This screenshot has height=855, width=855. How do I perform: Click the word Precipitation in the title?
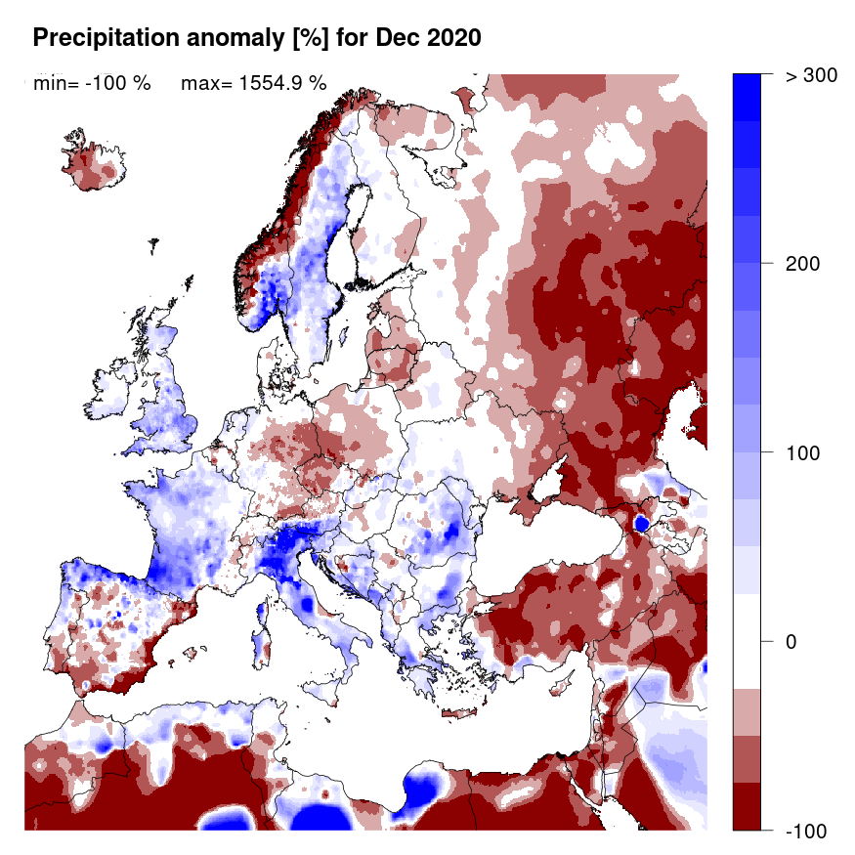[95, 38]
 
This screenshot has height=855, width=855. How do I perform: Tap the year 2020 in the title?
[454, 38]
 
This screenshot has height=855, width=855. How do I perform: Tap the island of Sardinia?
[262, 645]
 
